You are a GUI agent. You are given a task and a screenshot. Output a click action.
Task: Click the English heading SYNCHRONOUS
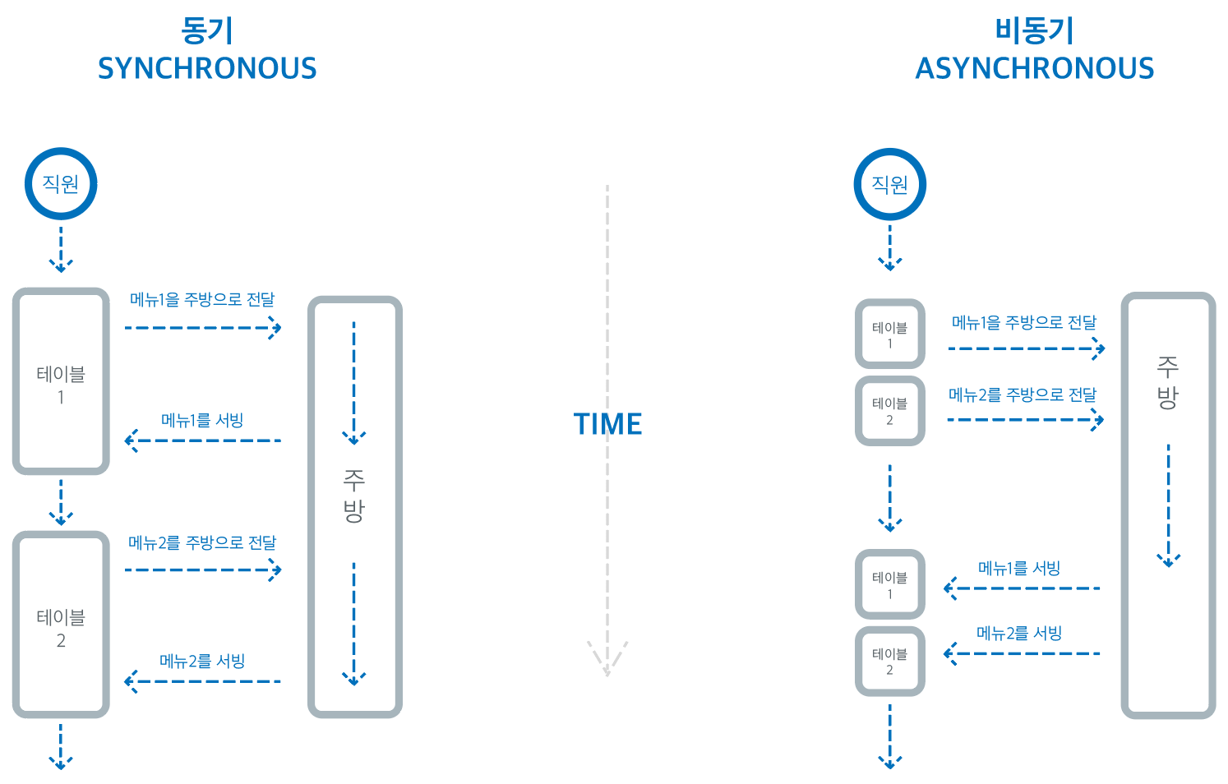point(207,68)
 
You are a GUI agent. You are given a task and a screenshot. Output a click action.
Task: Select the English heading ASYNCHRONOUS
point(1035,68)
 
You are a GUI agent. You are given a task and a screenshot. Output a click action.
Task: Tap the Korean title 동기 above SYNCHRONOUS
point(207,31)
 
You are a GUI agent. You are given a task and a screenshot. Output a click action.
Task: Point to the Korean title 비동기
point(1035,31)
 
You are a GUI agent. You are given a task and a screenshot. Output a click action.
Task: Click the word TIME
point(607,424)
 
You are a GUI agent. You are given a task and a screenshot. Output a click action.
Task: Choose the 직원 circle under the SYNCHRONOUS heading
point(61,183)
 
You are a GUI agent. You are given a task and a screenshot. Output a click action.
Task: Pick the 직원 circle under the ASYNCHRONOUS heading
point(889,184)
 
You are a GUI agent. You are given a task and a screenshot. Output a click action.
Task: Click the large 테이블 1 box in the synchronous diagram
point(61,381)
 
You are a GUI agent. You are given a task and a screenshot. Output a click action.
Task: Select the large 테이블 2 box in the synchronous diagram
point(61,625)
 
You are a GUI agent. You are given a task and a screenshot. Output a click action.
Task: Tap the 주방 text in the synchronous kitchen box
point(353,496)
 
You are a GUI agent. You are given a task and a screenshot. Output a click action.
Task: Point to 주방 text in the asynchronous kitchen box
point(1167,382)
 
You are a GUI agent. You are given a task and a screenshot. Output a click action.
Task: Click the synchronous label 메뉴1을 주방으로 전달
point(202,300)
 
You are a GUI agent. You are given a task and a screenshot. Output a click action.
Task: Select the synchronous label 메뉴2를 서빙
point(202,662)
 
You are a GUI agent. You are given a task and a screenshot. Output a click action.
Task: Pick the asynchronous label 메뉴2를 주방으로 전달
point(1023,395)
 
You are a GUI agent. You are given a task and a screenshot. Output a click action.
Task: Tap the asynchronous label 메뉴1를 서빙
point(1019,569)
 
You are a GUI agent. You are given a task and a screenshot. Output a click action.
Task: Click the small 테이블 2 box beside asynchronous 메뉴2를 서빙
point(889,662)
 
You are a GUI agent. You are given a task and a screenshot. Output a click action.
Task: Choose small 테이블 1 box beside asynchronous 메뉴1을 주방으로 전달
point(889,334)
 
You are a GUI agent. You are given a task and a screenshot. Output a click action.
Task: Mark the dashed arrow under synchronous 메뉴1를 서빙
point(202,440)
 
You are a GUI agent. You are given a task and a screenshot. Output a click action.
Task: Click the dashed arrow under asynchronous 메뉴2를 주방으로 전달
point(1025,420)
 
